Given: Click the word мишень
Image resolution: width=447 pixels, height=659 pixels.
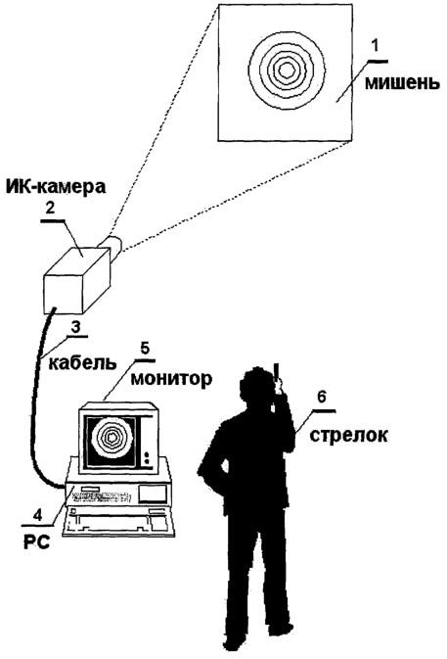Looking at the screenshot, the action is pos(402,82).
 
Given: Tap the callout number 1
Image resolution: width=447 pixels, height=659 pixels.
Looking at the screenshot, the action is pos(376,47).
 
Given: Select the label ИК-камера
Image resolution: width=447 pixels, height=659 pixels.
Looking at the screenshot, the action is pos(56,187).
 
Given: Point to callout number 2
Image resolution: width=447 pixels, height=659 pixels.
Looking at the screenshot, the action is pos(50,208).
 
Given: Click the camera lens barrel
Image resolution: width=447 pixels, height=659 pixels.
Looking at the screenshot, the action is pos(110,246).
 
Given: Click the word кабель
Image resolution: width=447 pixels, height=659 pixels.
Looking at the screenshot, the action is pos(82,362).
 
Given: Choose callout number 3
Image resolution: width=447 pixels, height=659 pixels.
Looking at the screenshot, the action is pos(75,328).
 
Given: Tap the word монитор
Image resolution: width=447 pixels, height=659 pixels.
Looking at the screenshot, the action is pos(171,379).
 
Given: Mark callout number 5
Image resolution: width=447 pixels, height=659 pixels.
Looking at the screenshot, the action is pos(145,350).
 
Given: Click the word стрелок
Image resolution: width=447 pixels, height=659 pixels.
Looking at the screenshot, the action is pos(348,435).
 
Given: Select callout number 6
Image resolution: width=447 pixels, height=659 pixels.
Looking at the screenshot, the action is pos(322,398).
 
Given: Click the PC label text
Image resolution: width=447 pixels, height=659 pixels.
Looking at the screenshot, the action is pos(36,542).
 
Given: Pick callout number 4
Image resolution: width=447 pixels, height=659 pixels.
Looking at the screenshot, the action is pos(38,514).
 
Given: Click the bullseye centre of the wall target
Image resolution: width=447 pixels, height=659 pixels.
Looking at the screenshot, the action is pos(287,71).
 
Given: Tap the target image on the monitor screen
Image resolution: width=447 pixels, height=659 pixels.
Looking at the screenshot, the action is pos(112,438).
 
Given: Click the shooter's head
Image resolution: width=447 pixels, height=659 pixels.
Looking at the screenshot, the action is pos(256,388).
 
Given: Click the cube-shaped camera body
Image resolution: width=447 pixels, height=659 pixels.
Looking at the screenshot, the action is pos(76,279).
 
